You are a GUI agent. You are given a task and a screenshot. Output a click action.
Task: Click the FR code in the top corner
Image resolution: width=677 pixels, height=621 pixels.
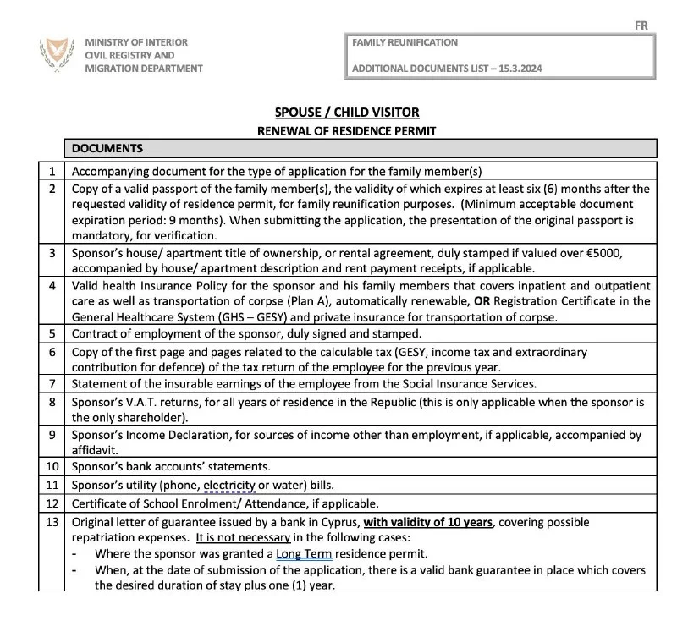coord(641,25)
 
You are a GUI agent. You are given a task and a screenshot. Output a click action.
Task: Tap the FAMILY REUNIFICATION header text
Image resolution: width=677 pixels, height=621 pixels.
coord(405,42)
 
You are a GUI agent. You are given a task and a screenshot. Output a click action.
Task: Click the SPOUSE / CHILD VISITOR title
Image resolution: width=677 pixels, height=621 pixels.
coord(347,113)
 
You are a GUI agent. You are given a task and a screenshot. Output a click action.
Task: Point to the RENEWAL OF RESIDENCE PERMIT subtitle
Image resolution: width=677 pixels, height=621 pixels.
coord(347,131)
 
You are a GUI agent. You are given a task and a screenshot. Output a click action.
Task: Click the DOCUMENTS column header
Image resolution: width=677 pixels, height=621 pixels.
coord(107,149)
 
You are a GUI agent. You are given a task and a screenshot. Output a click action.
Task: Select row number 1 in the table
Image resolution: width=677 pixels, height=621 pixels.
coord(52,170)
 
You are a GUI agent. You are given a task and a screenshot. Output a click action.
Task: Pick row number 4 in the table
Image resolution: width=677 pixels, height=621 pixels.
coord(52,286)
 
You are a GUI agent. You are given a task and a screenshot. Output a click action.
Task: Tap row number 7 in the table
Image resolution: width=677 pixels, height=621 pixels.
coord(52,382)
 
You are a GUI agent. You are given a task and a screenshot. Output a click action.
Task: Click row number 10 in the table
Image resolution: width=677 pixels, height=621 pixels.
coord(52,466)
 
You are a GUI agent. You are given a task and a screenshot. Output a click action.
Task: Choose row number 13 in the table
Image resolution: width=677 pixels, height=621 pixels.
coord(52,522)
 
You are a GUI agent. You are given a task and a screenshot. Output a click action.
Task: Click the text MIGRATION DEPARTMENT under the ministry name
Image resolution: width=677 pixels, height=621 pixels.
coord(144,69)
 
